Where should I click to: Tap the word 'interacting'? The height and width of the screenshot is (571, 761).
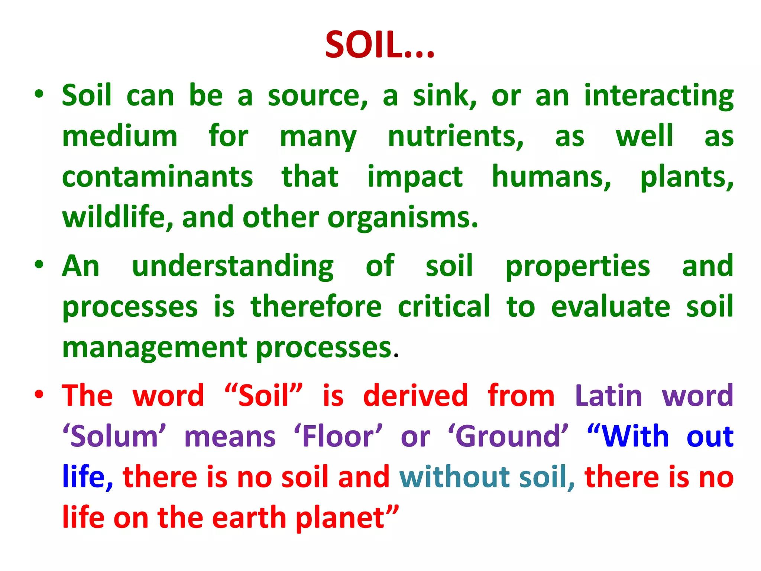(658, 96)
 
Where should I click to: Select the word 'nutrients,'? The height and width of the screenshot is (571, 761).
(456, 137)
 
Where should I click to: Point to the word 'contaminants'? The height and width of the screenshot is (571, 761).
(158, 177)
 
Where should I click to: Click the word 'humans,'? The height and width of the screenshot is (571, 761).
(551, 177)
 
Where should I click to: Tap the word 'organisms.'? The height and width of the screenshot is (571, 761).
(403, 217)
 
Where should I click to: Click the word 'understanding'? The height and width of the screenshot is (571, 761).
(233, 266)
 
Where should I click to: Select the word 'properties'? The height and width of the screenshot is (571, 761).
(577, 266)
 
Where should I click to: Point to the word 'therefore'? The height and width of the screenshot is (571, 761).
(316, 307)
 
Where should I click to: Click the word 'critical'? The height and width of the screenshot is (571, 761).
(444, 307)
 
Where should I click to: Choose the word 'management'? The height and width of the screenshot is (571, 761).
(155, 348)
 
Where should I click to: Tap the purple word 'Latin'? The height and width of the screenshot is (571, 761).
(608, 396)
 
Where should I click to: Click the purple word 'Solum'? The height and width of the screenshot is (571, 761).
(114, 436)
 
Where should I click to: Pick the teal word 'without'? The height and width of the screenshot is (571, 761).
(454, 477)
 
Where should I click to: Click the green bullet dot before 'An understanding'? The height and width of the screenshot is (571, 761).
(39, 264)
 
